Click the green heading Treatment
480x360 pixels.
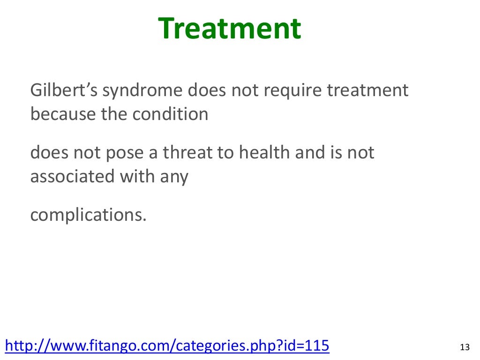click(229, 29)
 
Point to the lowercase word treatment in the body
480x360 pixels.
click(367, 90)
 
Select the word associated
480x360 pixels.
click(70, 177)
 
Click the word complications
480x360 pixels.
click(89, 216)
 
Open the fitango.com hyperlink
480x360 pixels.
click(166, 346)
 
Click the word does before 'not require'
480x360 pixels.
click(207, 90)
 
